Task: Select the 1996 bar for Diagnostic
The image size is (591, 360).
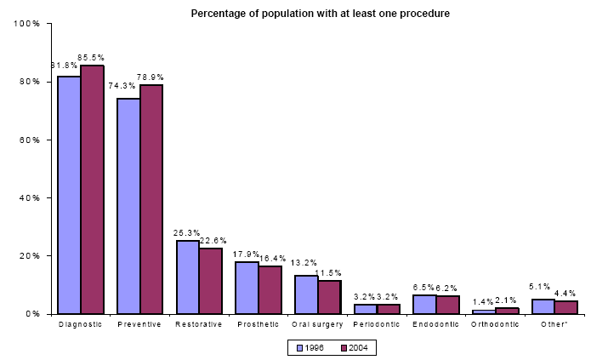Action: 69,195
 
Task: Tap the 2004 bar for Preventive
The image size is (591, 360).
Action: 151,199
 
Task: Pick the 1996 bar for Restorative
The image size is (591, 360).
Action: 187,277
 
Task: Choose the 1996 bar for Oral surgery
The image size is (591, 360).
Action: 306,294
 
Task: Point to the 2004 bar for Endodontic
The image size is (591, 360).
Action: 447,305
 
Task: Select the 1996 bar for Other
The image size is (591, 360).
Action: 543,306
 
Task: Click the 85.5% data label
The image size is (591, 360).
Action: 91,58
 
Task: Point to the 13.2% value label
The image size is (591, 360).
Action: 305,264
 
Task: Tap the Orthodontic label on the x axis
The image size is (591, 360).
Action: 493,324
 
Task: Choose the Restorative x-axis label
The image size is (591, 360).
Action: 198,324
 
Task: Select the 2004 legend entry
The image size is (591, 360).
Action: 350,347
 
